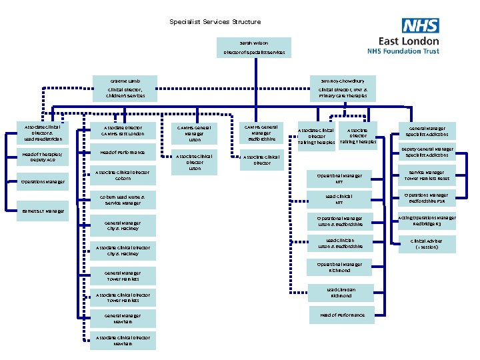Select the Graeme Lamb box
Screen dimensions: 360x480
point(125,89)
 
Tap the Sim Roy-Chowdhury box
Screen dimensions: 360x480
point(342,89)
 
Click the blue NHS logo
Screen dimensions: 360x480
point(420,25)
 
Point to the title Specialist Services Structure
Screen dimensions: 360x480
point(215,22)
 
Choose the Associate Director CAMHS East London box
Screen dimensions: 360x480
point(123,130)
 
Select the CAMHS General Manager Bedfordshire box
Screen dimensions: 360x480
point(261,133)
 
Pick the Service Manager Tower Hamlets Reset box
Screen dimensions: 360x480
point(426,175)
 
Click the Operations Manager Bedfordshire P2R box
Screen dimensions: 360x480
point(426,198)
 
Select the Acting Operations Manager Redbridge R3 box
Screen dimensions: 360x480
point(426,221)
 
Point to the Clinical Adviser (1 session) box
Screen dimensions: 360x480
point(426,244)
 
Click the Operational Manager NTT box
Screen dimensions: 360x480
point(339,179)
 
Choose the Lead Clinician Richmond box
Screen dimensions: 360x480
point(341,293)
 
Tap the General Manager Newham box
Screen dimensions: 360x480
point(122,319)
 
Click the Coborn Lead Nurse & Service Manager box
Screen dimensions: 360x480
point(122,200)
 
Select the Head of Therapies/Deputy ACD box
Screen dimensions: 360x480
point(43,157)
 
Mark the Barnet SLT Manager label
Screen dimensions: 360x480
point(43,211)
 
